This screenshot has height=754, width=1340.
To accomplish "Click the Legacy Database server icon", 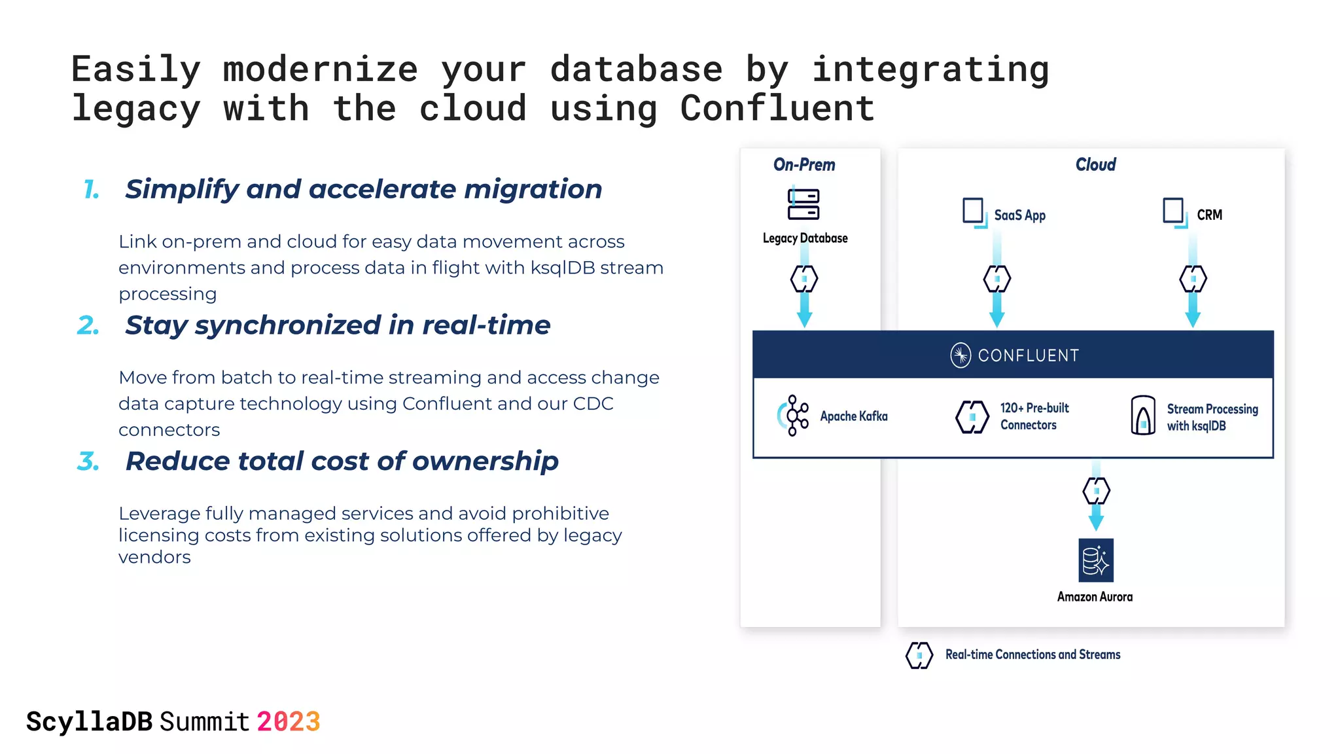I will (803, 204).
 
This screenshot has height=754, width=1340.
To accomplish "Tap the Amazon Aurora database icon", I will (1095, 560).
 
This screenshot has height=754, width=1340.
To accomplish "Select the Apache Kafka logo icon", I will (793, 416).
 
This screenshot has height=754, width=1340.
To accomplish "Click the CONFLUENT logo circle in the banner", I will (960, 355).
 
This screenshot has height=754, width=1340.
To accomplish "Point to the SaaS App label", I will (1019, 215).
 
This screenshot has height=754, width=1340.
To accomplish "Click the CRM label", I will (1209, 215).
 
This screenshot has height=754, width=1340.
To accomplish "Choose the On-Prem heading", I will (804, 165).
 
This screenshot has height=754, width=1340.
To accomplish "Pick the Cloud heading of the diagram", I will (1095, 165).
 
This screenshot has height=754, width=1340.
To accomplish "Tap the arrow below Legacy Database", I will (804, 311).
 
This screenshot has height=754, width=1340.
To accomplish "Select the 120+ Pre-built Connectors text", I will (1034, 416).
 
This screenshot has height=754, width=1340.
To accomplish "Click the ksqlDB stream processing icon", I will (1142, 416).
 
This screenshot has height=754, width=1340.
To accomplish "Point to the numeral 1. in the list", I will (92, 190).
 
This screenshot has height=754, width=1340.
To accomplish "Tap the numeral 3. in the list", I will (88, 461).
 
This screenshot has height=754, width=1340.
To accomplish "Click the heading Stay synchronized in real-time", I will (338, 325).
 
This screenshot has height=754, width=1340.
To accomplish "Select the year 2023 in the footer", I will (288, 722).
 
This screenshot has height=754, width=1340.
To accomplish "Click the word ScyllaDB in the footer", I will (89, 722).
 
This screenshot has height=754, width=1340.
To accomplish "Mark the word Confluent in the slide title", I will (777, 109).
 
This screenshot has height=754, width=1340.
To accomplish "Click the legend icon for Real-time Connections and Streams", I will (919, 655).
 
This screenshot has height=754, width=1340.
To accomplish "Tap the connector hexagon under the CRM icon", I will (1193, 279).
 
